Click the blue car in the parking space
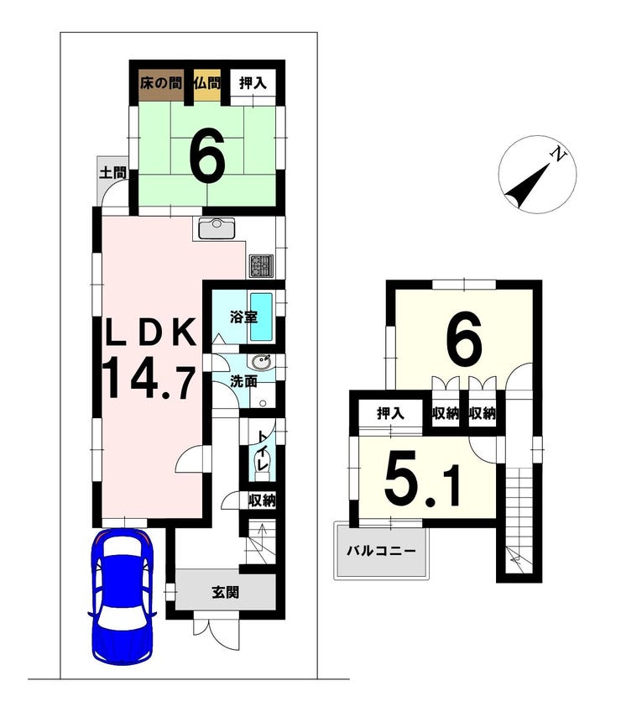click(123, 595)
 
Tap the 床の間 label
click(160, 83)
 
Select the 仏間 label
click(207, 83)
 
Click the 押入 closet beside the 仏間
click(253, 83)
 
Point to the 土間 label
click(112, 173)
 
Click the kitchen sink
click(217, 228)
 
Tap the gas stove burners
click(261, 266)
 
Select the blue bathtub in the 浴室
click(262, 317)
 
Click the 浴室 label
click(243, 317)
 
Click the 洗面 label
click(243, 381)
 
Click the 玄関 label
click(226, 592)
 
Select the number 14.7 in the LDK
click(150, 377)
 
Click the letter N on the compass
click(559, 154)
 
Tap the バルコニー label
click(381, 552)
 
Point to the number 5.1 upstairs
click(423, 479)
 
